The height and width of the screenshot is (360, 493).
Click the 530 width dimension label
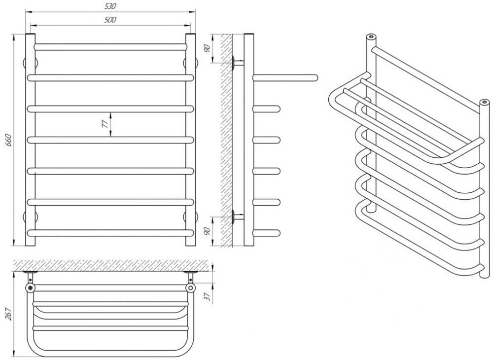click(x=110, y=6)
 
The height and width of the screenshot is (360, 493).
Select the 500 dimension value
click(x=110, y=20)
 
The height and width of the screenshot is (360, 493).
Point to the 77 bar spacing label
click(x=106, y=124)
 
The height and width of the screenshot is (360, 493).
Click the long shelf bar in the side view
click(x=285, y=77)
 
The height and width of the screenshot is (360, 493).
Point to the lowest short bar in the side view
click(x=266, y=233)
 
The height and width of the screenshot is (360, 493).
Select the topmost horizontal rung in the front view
click(x=110, y=47)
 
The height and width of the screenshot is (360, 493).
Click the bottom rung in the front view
click(x=110, y=233)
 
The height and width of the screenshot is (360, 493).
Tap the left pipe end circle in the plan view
click(x=30, y=288)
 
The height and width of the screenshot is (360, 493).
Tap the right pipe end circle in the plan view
click(x=190, y=288)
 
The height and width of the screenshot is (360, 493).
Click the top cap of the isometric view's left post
click(x=371, y=37)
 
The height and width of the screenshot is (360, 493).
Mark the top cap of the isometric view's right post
click(x=484, y=102)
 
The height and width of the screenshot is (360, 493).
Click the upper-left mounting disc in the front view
click(x=31, y=62)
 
